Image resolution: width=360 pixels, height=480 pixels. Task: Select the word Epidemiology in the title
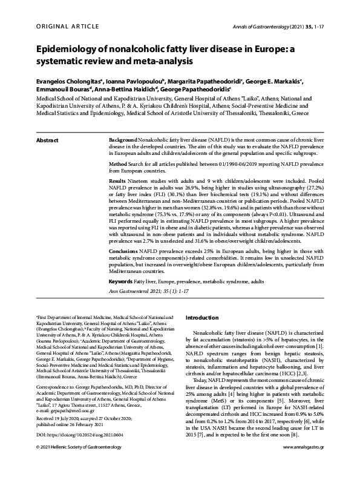tap(70, 50)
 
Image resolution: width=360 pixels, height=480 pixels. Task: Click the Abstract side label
tap(48, 140)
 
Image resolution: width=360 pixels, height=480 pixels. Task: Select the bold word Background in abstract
tap(123, 140)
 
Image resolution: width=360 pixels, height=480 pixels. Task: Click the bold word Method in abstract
tap(118, 165)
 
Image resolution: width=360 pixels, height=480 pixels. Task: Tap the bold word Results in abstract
tap(117, 182)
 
